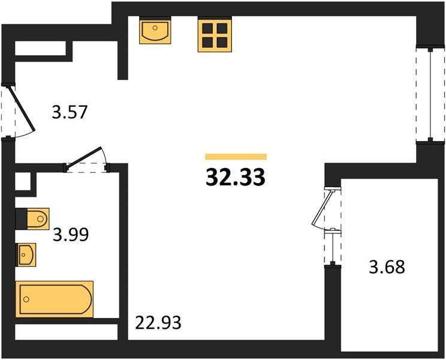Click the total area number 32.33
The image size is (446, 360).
(236, 177)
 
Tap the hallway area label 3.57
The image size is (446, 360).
(69, 112)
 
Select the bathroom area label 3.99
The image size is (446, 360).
(71, 235)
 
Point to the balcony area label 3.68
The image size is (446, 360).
(387, 267)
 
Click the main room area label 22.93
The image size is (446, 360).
(158, 323)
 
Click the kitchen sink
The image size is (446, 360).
(155, 31)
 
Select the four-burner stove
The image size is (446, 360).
(215, 35)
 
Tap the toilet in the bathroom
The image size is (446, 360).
(32, 218)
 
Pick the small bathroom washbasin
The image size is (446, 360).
(26, 255)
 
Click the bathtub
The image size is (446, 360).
(55, 299)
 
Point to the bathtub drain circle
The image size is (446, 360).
(26, 299)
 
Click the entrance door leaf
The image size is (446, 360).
(23, 109)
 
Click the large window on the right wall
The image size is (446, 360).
(430, 94)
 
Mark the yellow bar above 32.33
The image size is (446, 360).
(236, 157)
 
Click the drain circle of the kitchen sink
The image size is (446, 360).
(155, 28)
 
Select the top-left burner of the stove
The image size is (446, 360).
(207, 28)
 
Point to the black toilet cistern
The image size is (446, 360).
(22, 218)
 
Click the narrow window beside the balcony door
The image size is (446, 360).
(332, 247)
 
